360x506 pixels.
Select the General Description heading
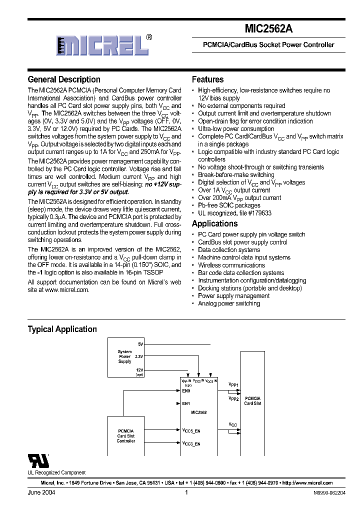[64, 79]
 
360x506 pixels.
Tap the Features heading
[207, 79]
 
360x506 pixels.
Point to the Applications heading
[214, 223]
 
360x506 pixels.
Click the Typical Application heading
[62, 329]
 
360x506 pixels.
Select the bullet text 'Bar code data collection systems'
[241, 273]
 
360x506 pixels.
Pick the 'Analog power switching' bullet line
[229, 303]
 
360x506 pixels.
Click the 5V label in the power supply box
[140, 344]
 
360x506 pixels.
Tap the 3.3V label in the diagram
[139, 356]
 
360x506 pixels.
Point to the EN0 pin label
[186, 390]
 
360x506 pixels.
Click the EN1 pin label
[186, 403]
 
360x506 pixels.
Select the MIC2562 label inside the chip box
[199, 412]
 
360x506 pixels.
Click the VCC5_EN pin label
[191, 430]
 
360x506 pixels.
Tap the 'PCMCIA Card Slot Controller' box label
[126, 435]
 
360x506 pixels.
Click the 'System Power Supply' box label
[124, 356]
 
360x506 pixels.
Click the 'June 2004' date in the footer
[41, 492]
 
